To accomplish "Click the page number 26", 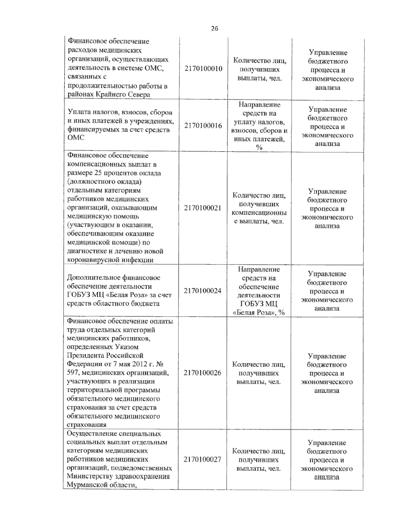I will click(215, 29).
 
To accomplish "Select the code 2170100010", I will click(203, 69).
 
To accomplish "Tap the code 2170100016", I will click(203, 125).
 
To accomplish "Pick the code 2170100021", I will click(203, 208).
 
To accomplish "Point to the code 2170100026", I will click(203, 373).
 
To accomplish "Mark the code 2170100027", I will click(203, 460).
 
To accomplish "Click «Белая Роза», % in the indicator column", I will click(259, 312).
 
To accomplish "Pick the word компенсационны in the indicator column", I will click(259, 213).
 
